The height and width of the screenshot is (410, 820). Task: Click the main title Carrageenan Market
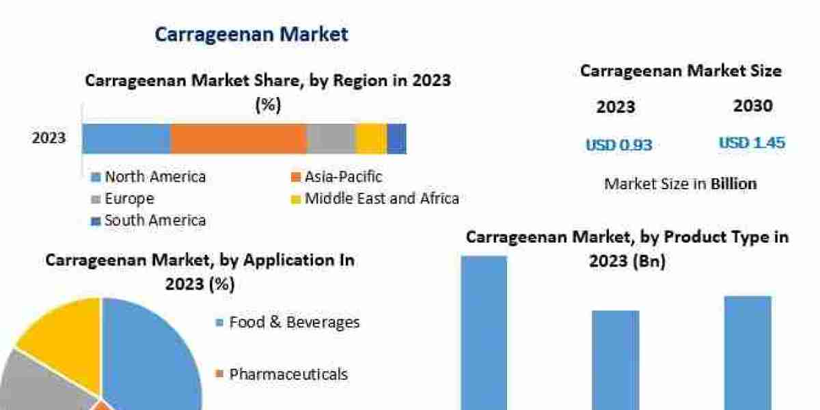pyautogui.click(x=251, y=34)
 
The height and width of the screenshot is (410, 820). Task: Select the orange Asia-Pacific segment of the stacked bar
pyautogui.click(x=238, y=139)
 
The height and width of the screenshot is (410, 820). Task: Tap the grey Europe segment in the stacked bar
pyautogui.click(x=331, y=139)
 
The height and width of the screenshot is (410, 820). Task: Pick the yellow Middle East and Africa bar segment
pyautogui.click(x=372, y=139)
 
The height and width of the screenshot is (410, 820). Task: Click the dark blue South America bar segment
pyautogui.click(x=397, y=139)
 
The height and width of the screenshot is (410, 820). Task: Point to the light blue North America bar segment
pyautogui.click(x=126, y=139)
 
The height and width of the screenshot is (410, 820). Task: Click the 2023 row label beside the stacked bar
pyautogui.click(x=49, y=138)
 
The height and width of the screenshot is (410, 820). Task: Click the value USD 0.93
pyautogui.click(x=618, y=145)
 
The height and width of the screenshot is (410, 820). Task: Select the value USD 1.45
pyautogui.click(x=752, y=143)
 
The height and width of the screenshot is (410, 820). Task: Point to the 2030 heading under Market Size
pyautogui.click(x=753, y=106)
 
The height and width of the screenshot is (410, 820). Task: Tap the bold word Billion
pyautogui.click(x=734, y=184)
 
